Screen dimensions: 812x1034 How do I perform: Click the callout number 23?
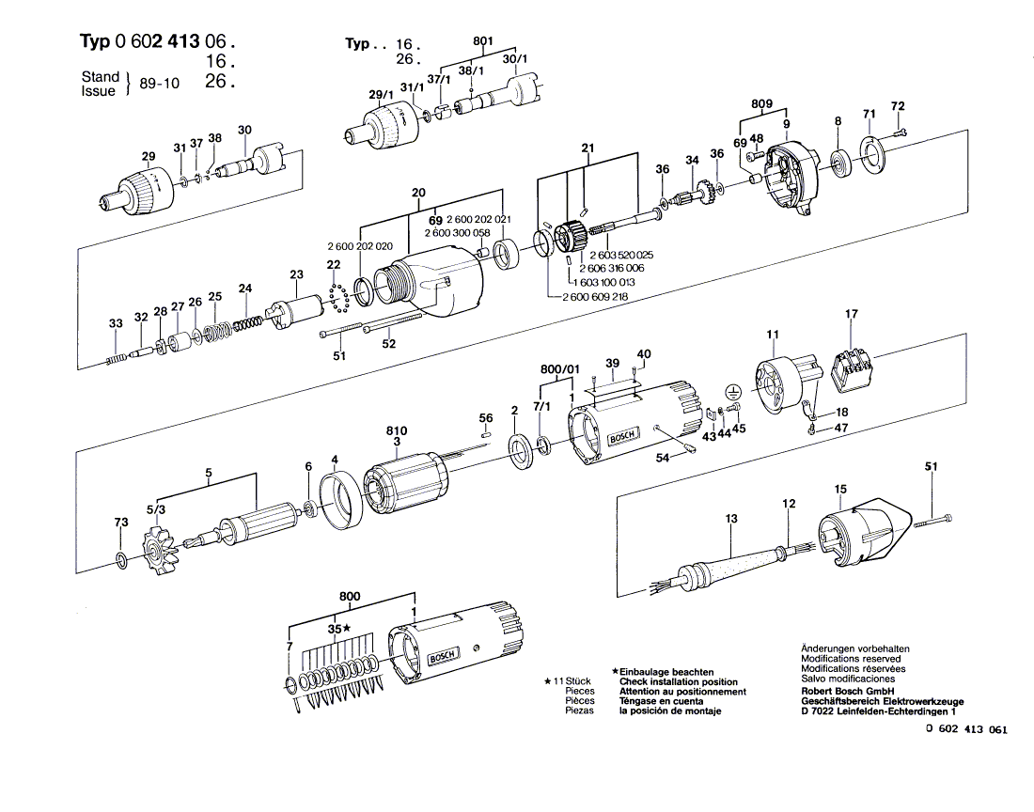click(x=296, y=274)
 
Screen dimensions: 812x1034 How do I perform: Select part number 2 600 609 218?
click(x=595, y=296)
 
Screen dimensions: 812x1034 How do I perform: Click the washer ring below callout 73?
click(x=121, y=562)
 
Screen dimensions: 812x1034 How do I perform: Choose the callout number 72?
click(x=898, y=105)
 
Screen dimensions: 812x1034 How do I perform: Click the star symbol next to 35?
click(x=347, y=628)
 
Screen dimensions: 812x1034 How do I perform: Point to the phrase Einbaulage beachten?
click(x=660, y=672)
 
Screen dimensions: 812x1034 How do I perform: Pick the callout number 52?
click(x=389, y=343)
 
